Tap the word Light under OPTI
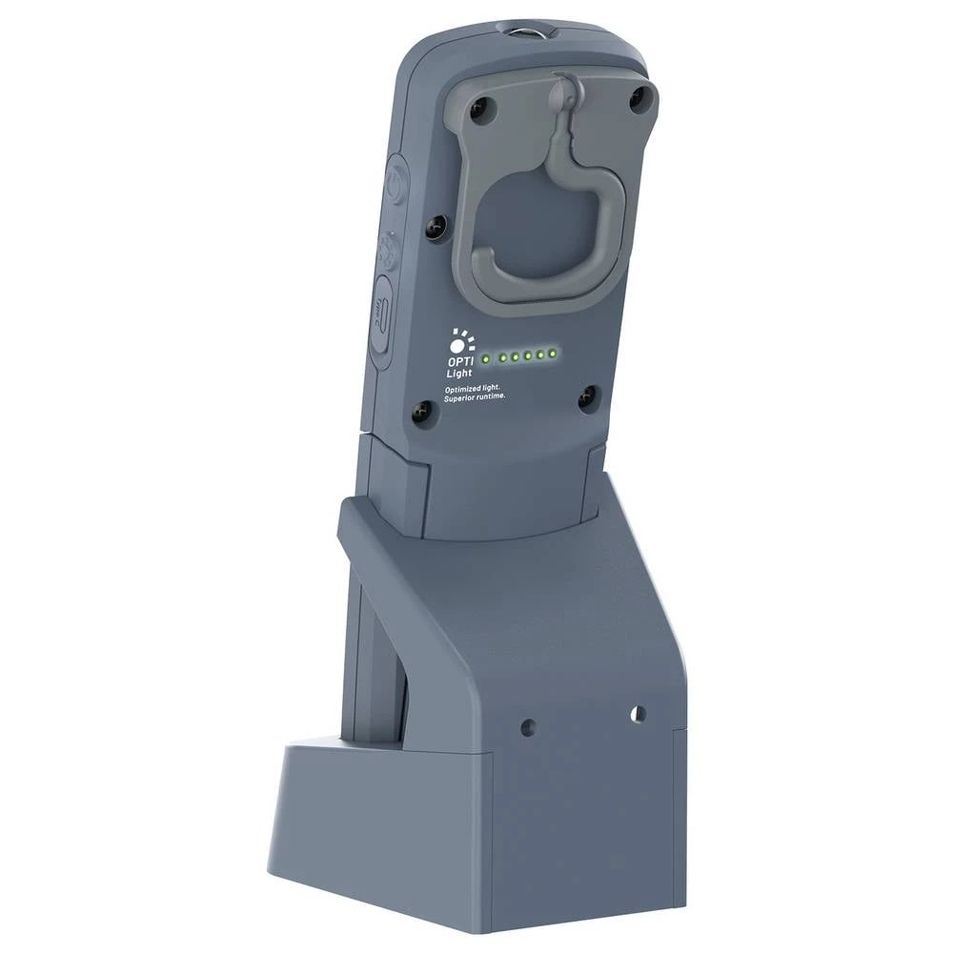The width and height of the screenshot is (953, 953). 459,373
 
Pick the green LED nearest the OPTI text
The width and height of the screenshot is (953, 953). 486,359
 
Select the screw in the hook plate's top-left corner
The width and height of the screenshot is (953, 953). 478,109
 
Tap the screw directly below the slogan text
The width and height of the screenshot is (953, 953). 422,412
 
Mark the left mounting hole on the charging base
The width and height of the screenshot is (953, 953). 529,727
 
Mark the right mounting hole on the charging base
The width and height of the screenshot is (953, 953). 638,713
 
